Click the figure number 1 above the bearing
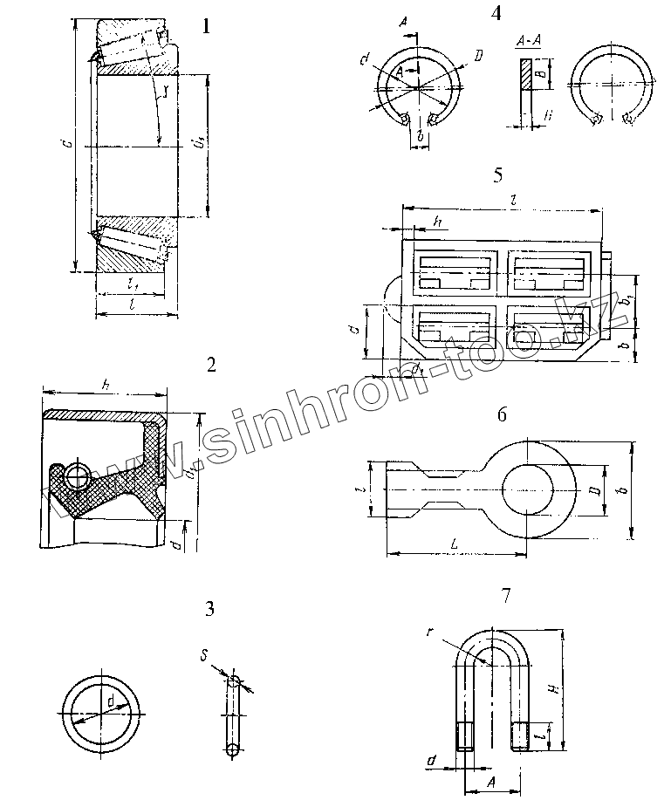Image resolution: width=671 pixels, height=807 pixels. point(206,26)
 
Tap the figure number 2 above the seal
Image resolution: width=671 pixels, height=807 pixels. point(209,365)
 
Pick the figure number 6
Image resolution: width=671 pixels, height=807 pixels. point(502,414)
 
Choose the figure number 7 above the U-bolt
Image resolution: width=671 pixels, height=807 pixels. point(506,597)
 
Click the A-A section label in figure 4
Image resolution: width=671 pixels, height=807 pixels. point(526,41)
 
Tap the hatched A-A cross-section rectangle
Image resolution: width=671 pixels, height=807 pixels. point(525,75)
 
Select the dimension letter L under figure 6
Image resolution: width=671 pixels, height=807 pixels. point(455,544)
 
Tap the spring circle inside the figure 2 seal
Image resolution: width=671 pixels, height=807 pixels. point(76,475)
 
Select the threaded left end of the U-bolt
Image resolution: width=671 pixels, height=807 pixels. point(462,735)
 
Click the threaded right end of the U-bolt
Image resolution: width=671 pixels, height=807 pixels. point(521,735)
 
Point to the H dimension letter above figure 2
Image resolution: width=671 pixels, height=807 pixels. point(105,385)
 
